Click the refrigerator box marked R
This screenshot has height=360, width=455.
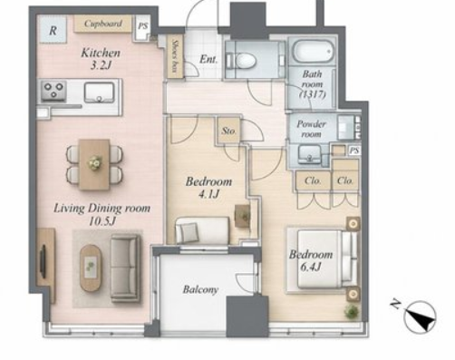click(x=53, y=29)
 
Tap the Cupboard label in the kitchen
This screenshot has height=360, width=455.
click(x=103, y=24)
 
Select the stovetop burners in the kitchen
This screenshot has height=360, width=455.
click(x=53, y=91)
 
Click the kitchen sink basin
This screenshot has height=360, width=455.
click(x=100, y=92)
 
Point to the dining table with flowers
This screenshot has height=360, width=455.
click(x=94, y=164)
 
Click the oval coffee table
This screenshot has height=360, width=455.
click(x=91, y=268)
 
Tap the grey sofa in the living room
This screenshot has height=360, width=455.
click(x=125, y=268)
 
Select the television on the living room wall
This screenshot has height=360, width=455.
click(x=44, y=262)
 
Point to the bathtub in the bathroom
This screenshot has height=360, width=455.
click(x=314, y=52)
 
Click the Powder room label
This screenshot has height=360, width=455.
click(x=311, y=129)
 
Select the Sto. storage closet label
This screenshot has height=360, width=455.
click(x=228, y=131)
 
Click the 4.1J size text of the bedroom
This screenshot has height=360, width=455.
click(x=208, y=194)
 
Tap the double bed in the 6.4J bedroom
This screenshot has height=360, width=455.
click(x=324, y=259)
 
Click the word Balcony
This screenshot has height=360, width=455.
click(x=200, y=289)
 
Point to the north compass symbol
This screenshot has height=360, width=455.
click(x=420, y=316)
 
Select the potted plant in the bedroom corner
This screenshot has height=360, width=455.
click(x=353, y=311)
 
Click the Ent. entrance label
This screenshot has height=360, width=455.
click(x=208, y=59)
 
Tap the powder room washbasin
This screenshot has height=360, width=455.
click(x=309, y=155)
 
